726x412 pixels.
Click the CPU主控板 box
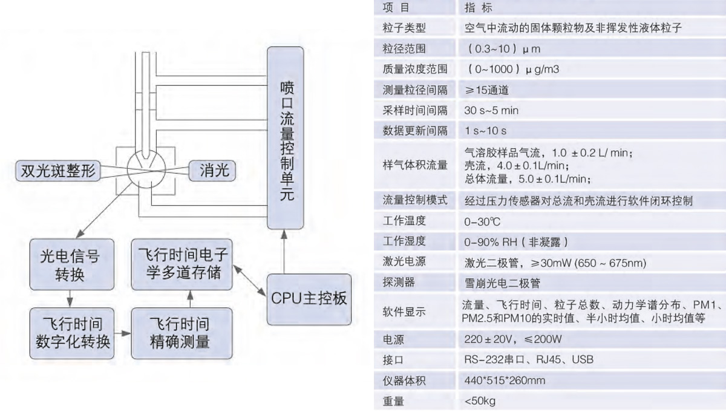tap(308, 298)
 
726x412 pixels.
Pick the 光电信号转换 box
tap(72, 265)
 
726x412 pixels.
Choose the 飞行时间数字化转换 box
tap(72, 333)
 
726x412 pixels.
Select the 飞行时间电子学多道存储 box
tap(181, 265)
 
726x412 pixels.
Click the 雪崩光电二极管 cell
tap(503, 283)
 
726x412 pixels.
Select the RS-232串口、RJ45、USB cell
tap(528, 359)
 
